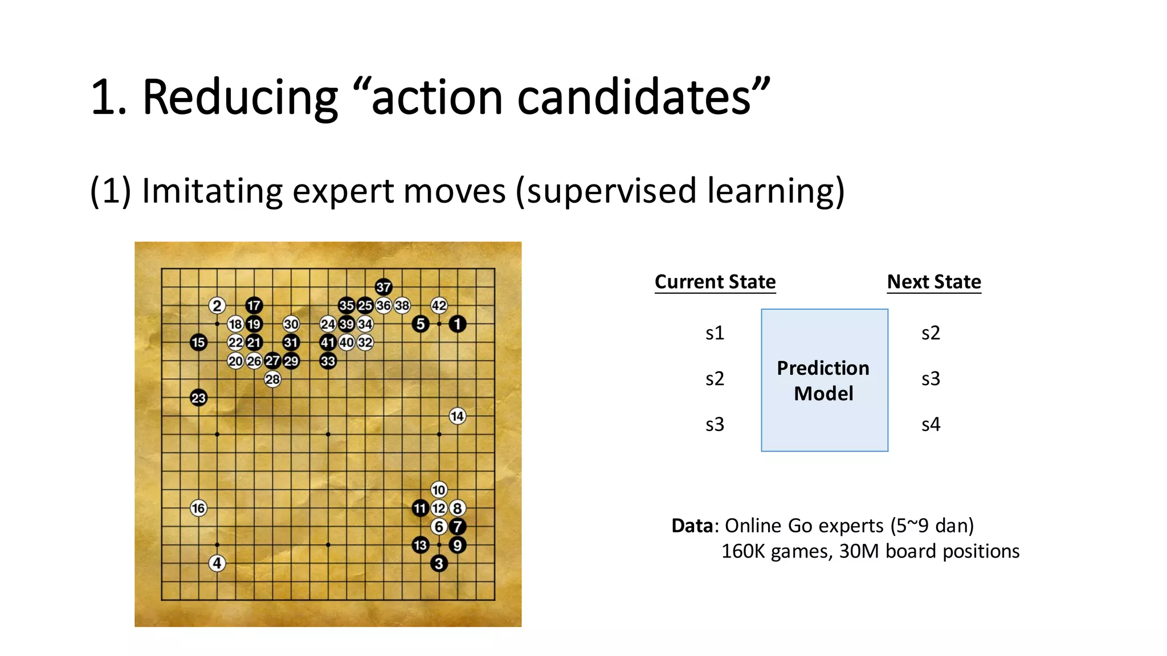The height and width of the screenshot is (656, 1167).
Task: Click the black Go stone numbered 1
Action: (x=457, y=324)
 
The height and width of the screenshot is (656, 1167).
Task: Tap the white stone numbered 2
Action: (x=217, y=306)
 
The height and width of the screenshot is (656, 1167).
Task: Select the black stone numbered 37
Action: (x=383, y=287)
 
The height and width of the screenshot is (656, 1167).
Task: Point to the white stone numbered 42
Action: (x=439, y=306)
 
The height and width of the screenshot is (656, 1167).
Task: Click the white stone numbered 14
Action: (x=457, y=416)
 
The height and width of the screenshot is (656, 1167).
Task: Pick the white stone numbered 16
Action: (x=198, y=508)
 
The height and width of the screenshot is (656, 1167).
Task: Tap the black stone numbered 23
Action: (x=198, y=398)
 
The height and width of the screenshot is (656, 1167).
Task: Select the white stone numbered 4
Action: (x=217, y=563)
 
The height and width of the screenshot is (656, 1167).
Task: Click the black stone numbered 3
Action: (x=439, y=563)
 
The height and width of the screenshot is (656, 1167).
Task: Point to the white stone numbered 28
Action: (x=272, y=379)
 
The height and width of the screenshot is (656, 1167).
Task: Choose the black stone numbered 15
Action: (x=198, y=342)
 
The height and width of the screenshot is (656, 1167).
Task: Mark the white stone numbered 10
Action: (x=439, y=490)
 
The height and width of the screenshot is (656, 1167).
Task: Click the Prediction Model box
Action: (x=824, y=380)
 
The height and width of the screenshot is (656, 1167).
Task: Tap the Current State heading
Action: (x=715, y=282)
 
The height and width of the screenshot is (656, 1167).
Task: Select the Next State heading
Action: (x=934, y=282)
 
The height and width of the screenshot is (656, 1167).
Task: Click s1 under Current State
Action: (x=715, y=333)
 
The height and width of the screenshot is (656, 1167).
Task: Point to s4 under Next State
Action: (x=931, y=425)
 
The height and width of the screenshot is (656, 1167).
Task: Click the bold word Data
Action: (x=692, y=526)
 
